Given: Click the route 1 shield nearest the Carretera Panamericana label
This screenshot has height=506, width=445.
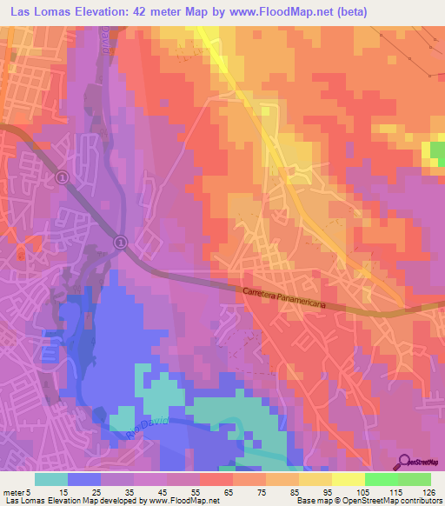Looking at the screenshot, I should [x=120, y=241].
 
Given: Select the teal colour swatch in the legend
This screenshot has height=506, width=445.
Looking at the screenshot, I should [x=51, y=478].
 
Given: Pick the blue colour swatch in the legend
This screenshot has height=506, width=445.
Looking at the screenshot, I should [x=84, y=478].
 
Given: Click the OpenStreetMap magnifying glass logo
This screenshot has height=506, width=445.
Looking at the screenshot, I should [x=404, y=461].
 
